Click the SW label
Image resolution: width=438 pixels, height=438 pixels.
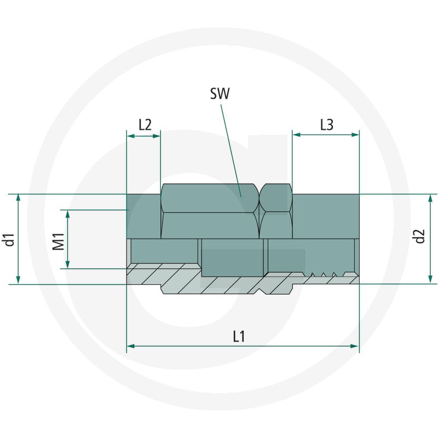click(x=220, y=94)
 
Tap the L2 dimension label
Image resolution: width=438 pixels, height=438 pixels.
click(x=145, y=125)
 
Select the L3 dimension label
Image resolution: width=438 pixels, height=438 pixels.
click(x=326, y=125)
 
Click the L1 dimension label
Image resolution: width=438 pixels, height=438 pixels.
click(x=239, y=336)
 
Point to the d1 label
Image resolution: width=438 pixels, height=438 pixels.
click(x=9, y=239)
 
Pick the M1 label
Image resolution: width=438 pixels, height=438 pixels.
click(x=59, y=241)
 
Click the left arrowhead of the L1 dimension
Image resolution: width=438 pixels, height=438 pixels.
click(x=131, y=346)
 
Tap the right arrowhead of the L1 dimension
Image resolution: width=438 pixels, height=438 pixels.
click(x=355, y=346)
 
